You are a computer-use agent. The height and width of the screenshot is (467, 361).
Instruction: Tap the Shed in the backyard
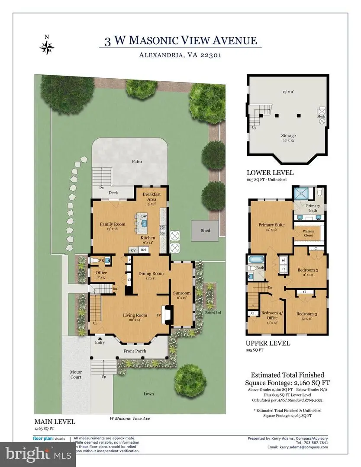click(x=205, y=230)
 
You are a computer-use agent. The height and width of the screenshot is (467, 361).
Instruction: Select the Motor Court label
click(x=76, y=374)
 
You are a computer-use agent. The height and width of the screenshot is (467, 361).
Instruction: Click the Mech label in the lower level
click(x=321, y=116)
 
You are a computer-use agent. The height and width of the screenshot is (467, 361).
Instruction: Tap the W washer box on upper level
click(x=283, y=261)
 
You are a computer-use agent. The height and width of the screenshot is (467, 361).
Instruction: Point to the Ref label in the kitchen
click(x=143, y=250)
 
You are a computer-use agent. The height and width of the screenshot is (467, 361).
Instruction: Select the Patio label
click(x=137, y=161)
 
